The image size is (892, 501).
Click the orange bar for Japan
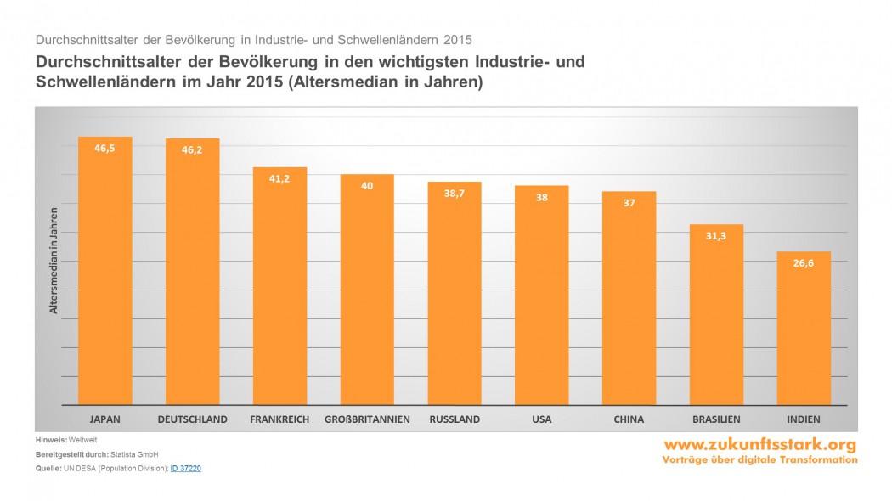coord(105,272)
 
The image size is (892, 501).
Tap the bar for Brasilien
coord(716,314)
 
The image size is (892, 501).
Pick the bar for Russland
coord(454,293)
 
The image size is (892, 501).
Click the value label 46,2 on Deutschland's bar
coord(192,149)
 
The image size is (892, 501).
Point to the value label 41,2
coord(279,178)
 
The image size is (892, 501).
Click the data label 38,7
coord(454,193)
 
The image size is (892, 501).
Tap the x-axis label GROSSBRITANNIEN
coord(367,419)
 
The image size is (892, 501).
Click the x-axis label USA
coord(541,419)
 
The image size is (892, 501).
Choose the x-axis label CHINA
coord(629,419)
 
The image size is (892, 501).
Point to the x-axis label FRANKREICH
coord(279,419)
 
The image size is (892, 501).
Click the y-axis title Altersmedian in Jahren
coord(53,260)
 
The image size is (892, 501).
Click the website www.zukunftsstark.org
coord(759,445)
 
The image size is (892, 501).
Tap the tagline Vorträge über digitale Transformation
coord(759,459)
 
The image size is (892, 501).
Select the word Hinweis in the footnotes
coord(51,439)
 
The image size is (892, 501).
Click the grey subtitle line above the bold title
coord(253,40)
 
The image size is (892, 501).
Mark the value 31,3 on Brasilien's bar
coord(716,236)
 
